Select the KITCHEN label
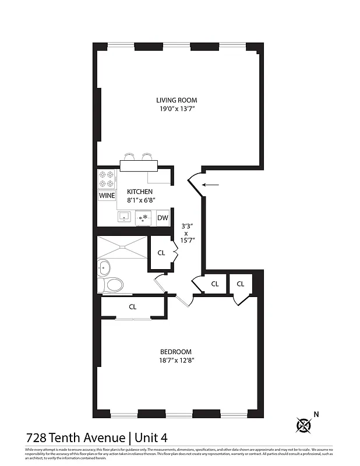coord(140,192)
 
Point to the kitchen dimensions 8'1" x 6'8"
coord(140,200)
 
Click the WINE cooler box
coord(107,196)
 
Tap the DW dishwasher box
coord(163,218)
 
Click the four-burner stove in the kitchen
coord(106,179)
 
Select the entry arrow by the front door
coord(210,185)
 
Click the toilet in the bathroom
coord(112,285)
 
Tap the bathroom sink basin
coord(105,269)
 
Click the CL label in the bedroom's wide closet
coord(133,307)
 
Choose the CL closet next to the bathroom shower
coord(161,253)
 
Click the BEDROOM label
coord(176,351)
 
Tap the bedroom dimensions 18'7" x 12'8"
coord(176,361)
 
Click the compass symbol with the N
coord(303,425)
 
